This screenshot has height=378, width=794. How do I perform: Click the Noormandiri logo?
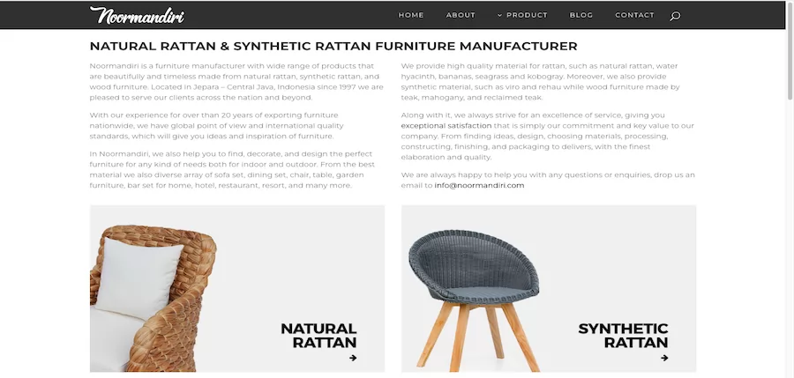click(x=137, y=15)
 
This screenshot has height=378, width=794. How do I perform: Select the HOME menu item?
click(x=410, y=15)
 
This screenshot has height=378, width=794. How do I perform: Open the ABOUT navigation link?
click(x=461, y=15)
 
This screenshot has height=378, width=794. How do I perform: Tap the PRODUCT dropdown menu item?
click(x=522, y=15)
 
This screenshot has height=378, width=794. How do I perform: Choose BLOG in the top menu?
click(x=581, y=15)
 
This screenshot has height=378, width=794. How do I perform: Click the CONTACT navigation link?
click(x=634, y=15)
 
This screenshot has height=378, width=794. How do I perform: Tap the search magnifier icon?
click(x=675, y=16)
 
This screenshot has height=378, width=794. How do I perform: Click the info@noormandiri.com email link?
click(x=479, y=186)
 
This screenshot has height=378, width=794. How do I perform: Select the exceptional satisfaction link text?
click(x=446, y=125)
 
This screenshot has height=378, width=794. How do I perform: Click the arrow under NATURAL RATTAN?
click(x=353, y=358)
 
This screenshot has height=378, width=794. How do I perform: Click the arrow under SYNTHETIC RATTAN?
click(x=664, y=358)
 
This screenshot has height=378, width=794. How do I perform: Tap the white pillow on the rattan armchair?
click(x=139, y=278)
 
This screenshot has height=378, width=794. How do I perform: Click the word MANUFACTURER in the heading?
click(x=518, y=46)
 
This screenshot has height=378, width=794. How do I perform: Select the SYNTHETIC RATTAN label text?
click(x=624, y=336)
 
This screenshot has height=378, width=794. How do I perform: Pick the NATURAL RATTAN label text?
click(x=318, y=336)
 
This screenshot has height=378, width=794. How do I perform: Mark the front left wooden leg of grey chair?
click(x=434, y=337)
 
